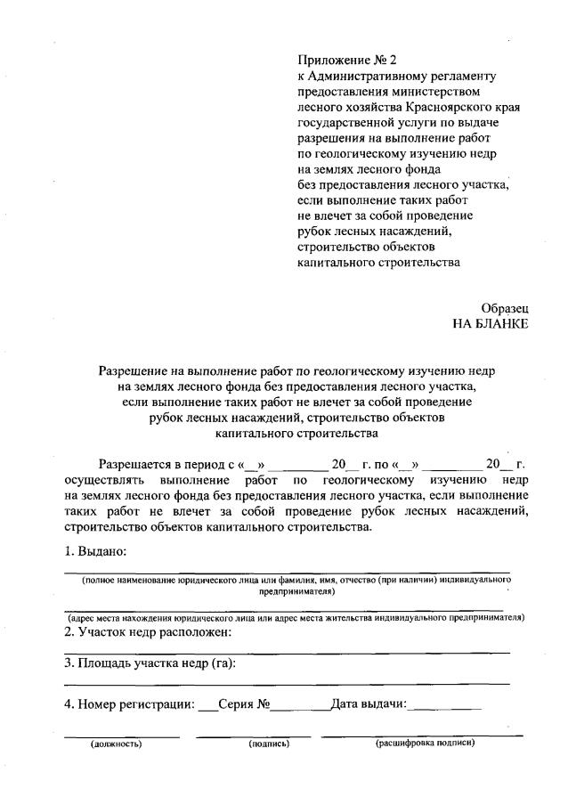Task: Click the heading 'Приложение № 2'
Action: pyautogui.click(x=346, y=61)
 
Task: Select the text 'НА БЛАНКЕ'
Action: pyautogui.click(x=491, y=323)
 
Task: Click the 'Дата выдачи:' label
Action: pyautogui.click(x=369, y=705)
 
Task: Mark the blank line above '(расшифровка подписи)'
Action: pyautogui.click(x=422, y=736)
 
